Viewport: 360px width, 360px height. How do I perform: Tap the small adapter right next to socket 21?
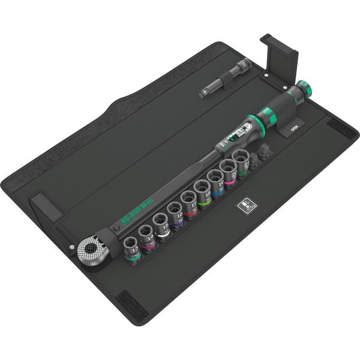tap(256, 158)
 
